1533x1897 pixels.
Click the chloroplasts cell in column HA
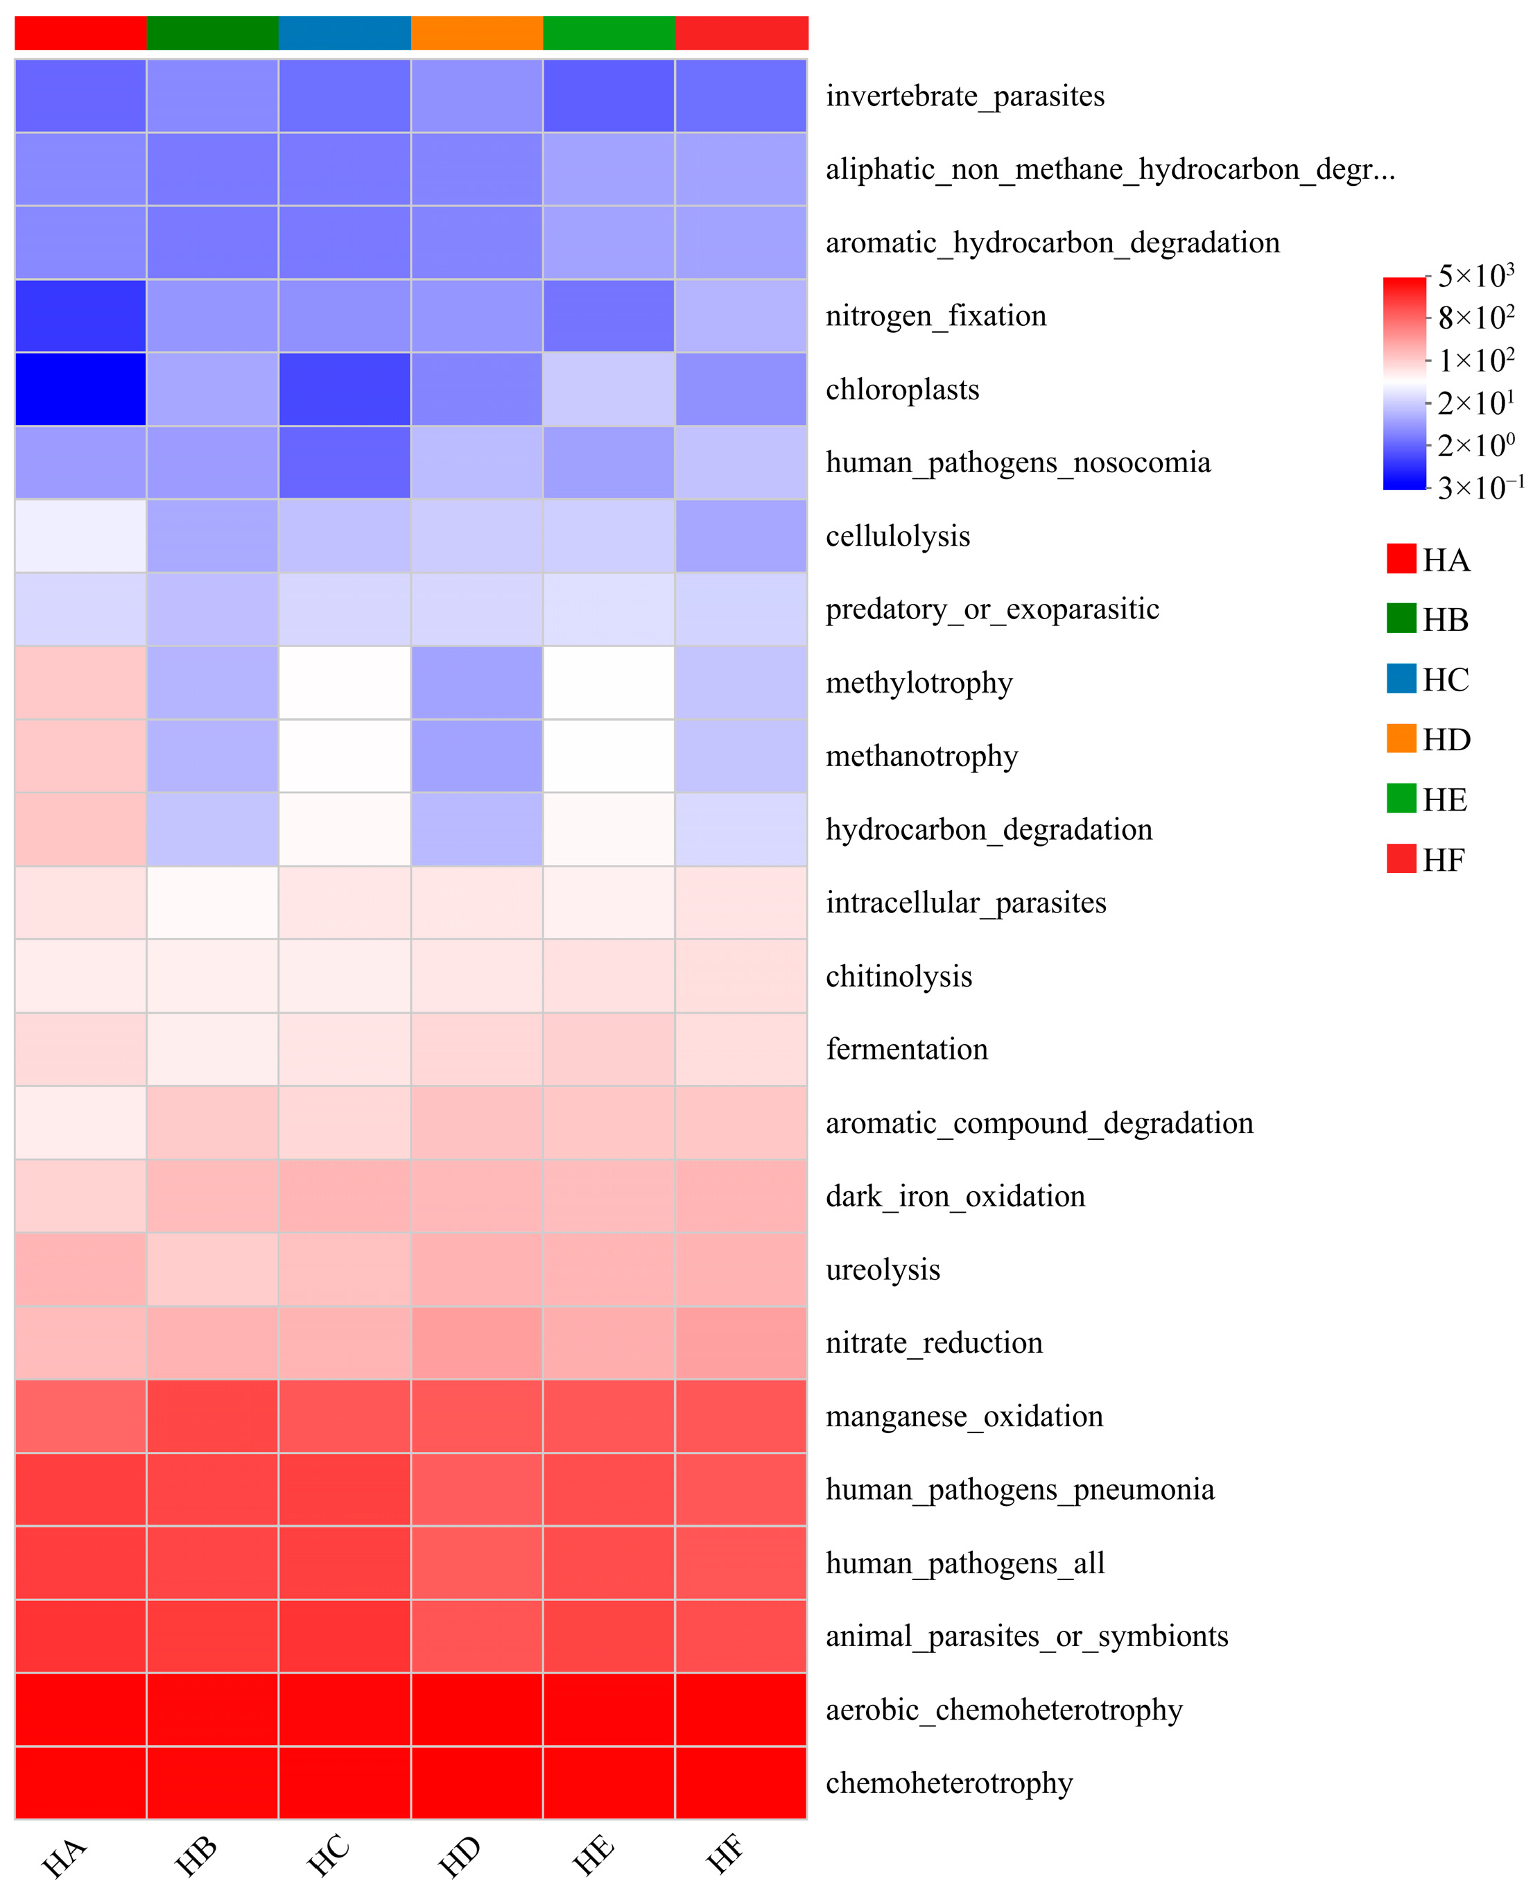point(80,388)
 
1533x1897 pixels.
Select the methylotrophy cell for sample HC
point(345,682)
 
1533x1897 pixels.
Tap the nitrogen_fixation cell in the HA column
point(80,315)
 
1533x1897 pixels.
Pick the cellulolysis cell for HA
point(80,535)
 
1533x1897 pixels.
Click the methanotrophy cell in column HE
point(609,755)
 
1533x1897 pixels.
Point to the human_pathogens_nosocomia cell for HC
point(345,462)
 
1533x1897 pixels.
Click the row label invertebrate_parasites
point(964,96)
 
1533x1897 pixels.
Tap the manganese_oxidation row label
point(964,1416)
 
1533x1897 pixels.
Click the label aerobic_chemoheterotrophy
point(1003,1709)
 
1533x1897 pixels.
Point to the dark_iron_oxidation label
point(955,1196)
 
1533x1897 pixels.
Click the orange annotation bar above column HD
point(477,33)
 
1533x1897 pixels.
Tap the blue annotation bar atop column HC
point(345,33)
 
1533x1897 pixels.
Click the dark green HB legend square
point(1401,618)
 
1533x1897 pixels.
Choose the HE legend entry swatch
point(1401,798)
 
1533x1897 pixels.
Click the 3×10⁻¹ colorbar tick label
point(1479,487)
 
